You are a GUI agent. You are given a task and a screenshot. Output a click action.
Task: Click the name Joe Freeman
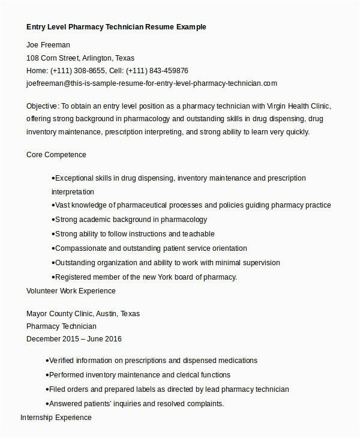tap(49, 44)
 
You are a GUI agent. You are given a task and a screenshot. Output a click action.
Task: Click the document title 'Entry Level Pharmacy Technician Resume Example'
tap(116, 27)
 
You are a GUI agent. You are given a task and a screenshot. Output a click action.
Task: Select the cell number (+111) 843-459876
tap(159, 70)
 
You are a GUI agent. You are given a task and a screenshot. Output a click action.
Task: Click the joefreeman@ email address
tap(152, 83)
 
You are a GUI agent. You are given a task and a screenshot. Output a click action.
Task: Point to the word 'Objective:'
tap(43, 106)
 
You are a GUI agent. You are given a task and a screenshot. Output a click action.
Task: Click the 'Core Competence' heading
tap(56, 154)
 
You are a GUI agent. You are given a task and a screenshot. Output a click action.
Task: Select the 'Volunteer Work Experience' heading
tap(71, 290)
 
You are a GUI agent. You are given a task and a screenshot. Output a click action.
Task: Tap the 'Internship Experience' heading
tap(56, 417)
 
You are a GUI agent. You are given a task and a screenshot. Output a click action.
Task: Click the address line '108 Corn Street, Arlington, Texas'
tap(80, 58)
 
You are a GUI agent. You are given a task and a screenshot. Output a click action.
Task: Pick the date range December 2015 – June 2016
tap(74, 339)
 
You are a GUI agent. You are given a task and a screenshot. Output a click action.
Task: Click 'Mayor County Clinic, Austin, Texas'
tap(83, 313)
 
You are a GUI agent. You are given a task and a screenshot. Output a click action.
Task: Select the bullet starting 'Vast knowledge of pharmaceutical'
tap(192, 205)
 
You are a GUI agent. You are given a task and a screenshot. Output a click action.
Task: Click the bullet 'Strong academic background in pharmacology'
tap(131, 220)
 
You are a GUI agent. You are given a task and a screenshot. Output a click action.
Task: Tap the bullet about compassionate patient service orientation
tap(151, 248)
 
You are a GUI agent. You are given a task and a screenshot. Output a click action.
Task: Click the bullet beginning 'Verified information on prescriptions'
tap(153, 361)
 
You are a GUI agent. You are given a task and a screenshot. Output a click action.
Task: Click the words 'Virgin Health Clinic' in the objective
tap(297, 106)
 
